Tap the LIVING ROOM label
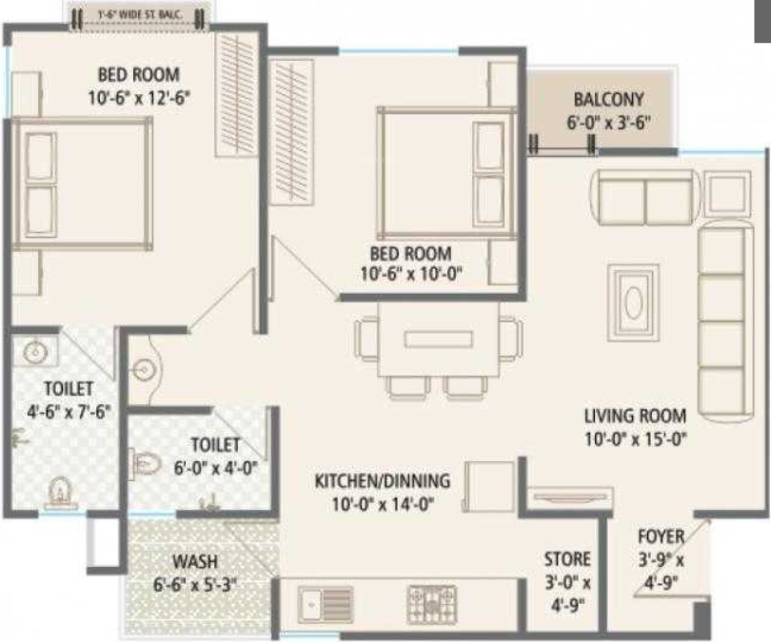point(635,416)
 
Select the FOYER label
point(661,535)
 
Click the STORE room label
point(566,558)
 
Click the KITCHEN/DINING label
point(382,481)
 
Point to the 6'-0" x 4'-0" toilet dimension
point(214,467)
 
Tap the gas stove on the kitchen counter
point(428,602)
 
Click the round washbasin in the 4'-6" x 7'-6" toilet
point(34,351)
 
